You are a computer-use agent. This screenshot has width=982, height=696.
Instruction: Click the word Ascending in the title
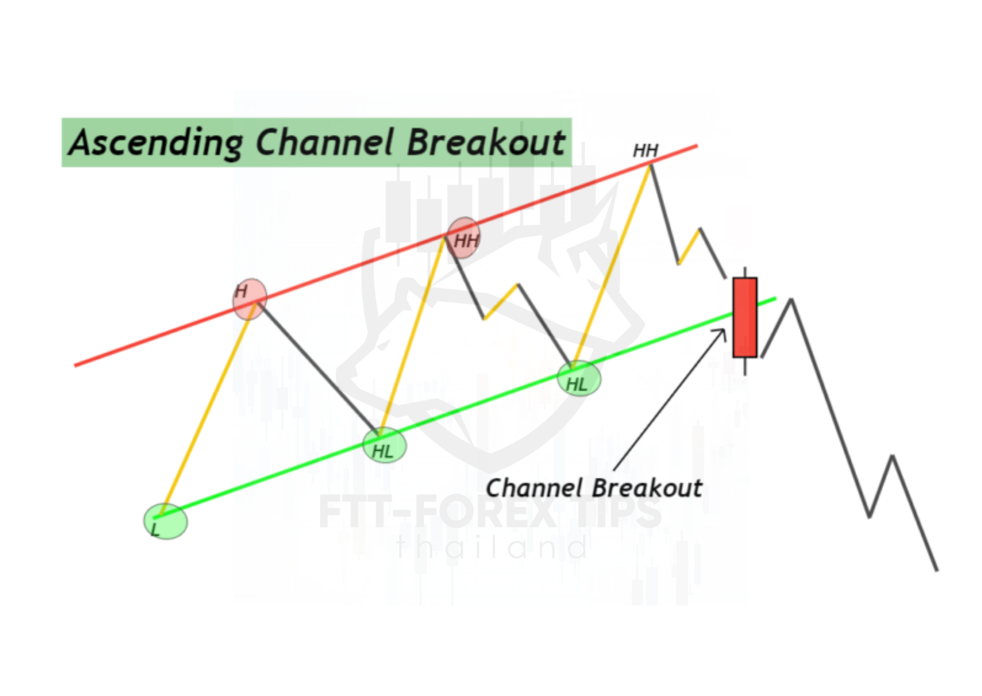coord(156,143)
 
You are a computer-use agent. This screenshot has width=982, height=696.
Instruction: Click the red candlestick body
coord(745,317)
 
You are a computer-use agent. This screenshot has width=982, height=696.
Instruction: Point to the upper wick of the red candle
coord(745,272)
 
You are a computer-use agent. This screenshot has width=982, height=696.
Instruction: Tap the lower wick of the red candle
coord(745,366)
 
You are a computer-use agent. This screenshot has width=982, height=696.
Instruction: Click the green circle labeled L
coord(165,521)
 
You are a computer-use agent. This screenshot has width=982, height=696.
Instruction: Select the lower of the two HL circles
coord(384,446)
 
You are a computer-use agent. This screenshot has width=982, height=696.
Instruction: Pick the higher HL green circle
coord(579,379)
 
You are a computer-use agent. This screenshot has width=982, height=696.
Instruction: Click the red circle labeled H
coord(249,299)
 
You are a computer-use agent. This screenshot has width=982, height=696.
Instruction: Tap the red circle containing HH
coord(463,238)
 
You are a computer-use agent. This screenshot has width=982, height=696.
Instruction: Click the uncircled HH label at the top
coord(645,150)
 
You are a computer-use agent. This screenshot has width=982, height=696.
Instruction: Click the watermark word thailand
coord(493,547)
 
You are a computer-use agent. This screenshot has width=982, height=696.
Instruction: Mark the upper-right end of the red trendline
coord(697,146)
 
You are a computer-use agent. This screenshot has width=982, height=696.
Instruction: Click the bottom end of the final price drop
coord(937,571)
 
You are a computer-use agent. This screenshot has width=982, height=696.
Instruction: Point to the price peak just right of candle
coord(792,300)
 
